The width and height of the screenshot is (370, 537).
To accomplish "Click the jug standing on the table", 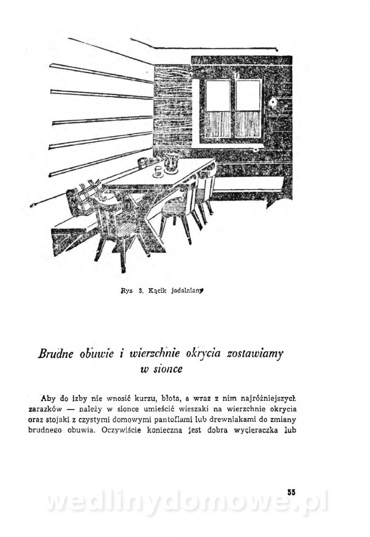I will point(172,162).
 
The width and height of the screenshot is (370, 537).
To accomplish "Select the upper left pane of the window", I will point(218,95).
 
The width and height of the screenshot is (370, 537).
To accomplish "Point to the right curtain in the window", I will point(248,124).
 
